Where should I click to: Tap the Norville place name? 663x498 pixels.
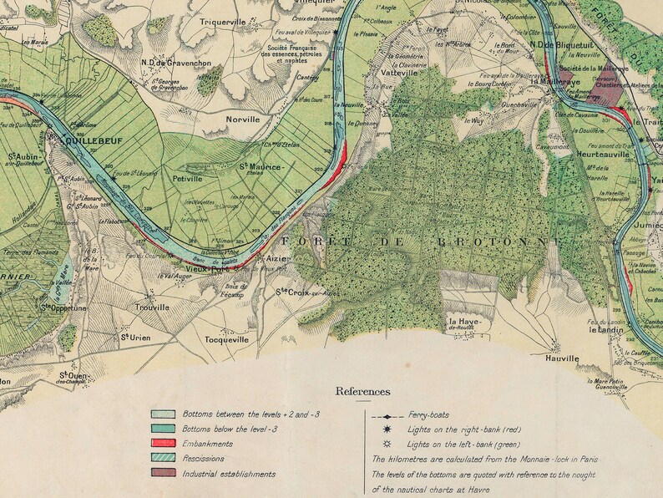point(243,119)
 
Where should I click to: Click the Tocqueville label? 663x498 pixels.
point(226,340)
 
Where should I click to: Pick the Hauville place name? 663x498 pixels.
point(561,358)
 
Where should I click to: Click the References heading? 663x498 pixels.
point(362,390)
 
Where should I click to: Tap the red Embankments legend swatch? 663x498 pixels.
point(163,444)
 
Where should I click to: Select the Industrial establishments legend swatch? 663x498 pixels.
point(163,474)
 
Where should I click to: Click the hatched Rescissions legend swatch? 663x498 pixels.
point(163,459)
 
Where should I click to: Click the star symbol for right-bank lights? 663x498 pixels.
point(387,429)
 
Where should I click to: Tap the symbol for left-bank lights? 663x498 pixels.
point(387,443)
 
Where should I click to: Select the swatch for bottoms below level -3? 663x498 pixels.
point(163,429)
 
